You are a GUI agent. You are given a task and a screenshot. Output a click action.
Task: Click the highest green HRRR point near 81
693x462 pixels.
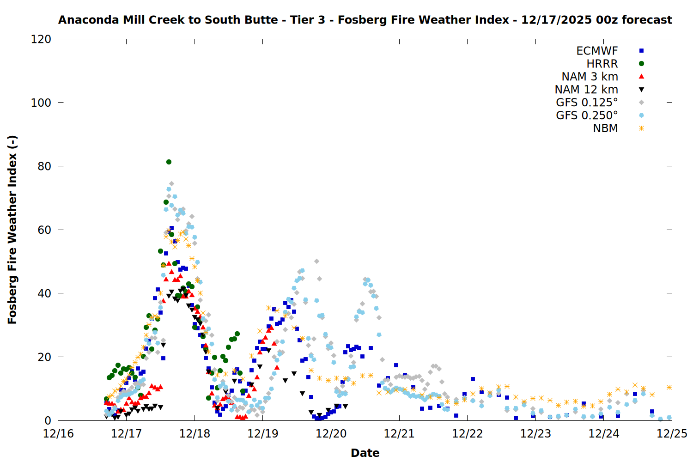[x=169, y=162]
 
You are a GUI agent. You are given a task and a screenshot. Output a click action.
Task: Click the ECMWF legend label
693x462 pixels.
[x=597, y=51]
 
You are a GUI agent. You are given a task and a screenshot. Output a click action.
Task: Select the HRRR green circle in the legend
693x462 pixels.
[x=641, y=64]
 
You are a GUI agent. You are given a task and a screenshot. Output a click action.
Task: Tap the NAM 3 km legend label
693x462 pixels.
[x=590, y=77]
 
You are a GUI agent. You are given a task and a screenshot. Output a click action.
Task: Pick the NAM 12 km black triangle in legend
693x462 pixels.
[x=641, y=90]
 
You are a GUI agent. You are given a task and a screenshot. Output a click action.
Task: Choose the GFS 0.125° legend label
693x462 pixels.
[x=587, y=103]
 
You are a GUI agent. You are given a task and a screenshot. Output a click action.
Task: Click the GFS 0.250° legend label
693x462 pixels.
[x=587, y=115]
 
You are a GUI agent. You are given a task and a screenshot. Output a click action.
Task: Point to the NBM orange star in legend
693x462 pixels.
[x=641, y=128]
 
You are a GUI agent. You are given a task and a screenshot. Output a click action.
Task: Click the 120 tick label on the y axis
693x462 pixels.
[x=41, y=39]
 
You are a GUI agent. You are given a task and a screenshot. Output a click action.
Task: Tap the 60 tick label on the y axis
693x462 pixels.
[x=44, y=230]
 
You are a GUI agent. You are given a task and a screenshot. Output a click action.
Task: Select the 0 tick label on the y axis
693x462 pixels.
[x=48, y=420]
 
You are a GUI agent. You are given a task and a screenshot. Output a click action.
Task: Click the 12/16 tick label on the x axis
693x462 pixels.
[x=58, y=433]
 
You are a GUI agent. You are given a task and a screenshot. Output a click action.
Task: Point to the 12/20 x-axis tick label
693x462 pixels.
[x=331, y=433]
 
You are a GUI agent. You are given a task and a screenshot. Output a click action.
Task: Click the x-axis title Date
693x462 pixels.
[x=365, y=453]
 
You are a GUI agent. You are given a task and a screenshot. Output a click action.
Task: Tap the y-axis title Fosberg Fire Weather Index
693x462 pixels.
[x=12, y=230]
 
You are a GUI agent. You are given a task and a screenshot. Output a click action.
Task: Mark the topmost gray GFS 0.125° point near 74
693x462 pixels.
[x=171, y=184]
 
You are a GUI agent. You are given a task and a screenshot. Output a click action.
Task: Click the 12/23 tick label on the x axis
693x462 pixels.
[x=535, y=433]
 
